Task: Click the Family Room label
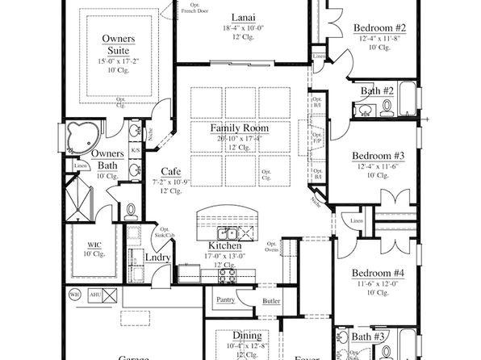coord(240,128)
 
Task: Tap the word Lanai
coord(239,18)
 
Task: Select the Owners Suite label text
coord(118,44)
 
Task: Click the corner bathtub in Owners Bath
coord(82,137)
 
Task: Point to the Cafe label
coord(170,171)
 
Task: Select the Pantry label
coord(224,300)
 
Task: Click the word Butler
coord(270,301)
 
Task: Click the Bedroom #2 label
coord(379,29)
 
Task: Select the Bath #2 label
coord(376,90)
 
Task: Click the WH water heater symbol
coord(74,295)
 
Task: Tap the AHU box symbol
coord(94,295)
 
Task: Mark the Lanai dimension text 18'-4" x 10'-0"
coord(240,28)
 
